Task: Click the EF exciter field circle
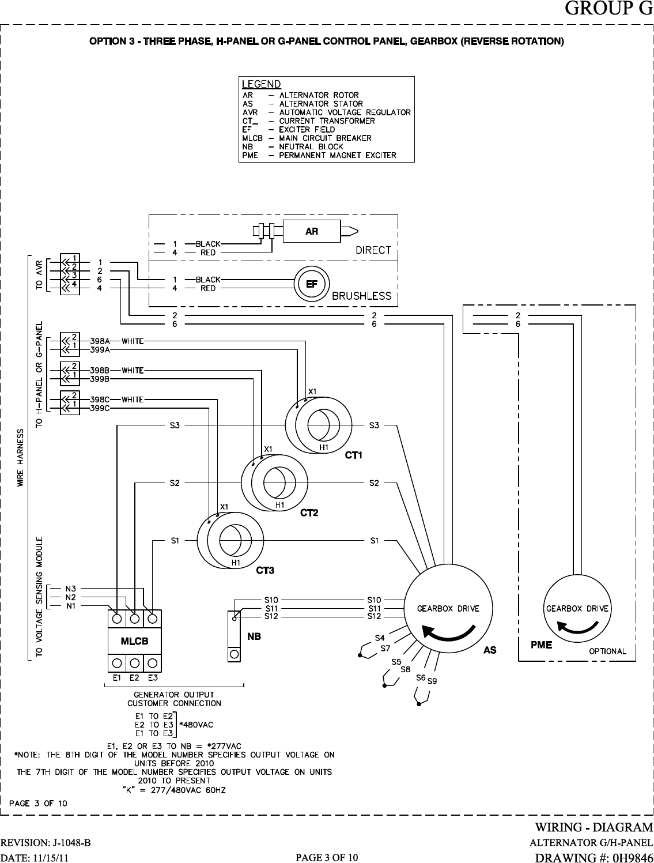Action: (311, 284)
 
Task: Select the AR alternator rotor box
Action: (311, 231)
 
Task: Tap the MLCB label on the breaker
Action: (134, 641)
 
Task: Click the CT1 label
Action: (353, 455)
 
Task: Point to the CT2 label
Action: (309, 513)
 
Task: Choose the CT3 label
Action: (264, 571)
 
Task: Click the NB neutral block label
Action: (254, 637)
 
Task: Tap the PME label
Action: (541, 645)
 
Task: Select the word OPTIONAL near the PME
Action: (607, 651)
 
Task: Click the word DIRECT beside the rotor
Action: (373, 250)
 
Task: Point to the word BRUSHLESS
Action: (361, 296)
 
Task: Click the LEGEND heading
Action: (261, 84)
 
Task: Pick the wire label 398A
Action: (101, 341)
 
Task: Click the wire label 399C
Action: (101, 408)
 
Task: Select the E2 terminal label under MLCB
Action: (134, 678)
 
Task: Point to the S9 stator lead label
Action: (432, 681)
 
